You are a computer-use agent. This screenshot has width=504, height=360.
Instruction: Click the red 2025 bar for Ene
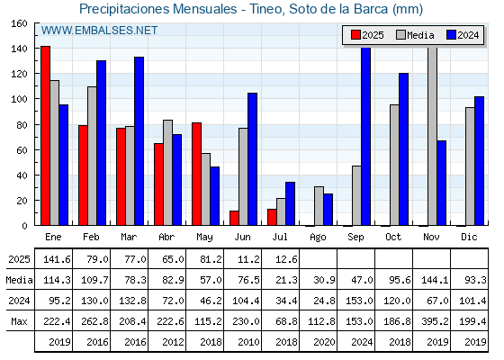[x=45, y=136]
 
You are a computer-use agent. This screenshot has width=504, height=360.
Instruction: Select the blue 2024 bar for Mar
[x=139, y=141]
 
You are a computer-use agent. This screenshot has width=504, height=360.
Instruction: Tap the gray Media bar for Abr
[x=167, y=173]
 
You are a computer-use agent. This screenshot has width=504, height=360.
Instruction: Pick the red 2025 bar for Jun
[x=234, y=218]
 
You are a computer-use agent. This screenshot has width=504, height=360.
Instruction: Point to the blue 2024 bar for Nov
[x=441, y=183]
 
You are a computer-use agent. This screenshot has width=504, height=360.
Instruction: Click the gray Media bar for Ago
[x=319, y=206]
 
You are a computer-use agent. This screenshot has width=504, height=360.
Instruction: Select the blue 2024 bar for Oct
[x=404, y=149]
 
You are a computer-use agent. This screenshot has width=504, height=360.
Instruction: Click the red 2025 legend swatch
[x=355, y=35]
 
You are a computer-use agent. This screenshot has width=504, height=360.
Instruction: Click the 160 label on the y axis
[x=20, y=23]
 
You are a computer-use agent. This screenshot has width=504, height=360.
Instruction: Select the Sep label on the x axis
[x=355, y=238]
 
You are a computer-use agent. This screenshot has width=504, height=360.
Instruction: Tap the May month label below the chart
[x=204, y=238]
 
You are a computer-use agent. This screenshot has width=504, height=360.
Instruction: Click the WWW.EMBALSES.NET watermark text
[x=99, y=31]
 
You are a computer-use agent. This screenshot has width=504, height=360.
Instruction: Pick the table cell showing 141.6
[x=57, y=259]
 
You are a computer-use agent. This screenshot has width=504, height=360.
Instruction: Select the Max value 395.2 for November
[x=435, y=321]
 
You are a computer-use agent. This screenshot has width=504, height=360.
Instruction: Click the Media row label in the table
[x=19, y=280]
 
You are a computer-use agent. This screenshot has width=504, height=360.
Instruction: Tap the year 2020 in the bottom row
[x=324, y=342]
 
